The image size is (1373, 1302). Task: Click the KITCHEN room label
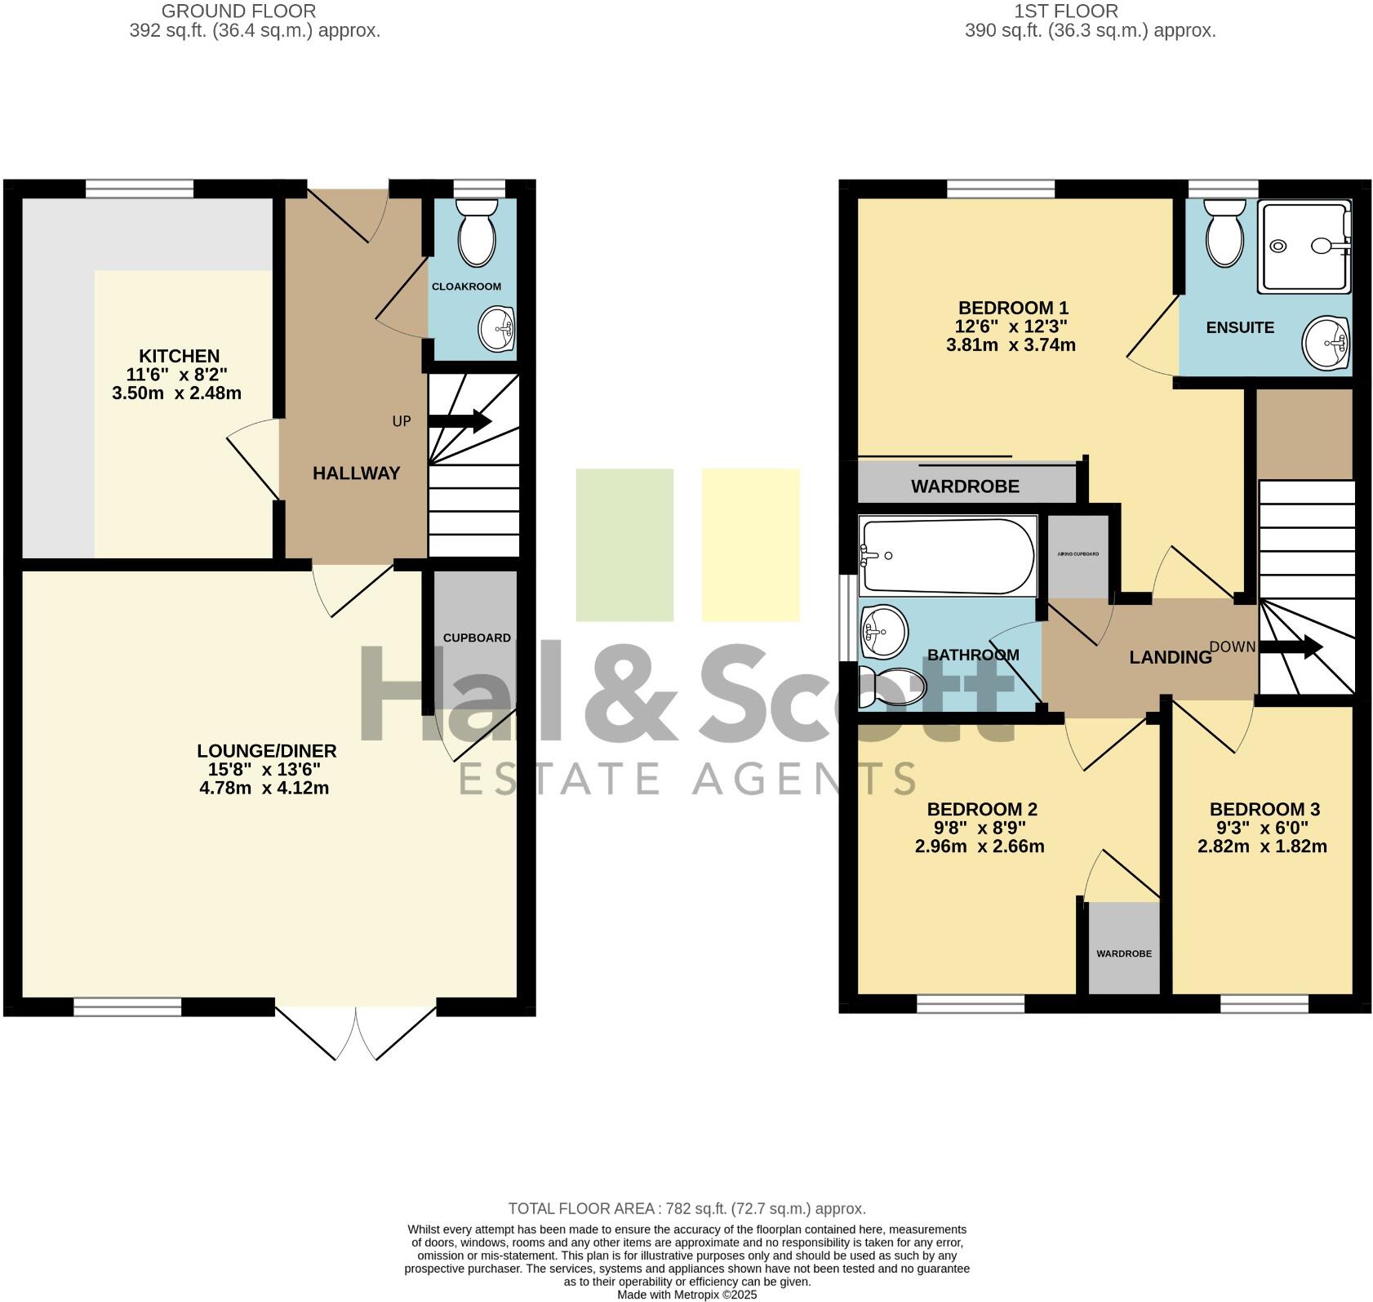179,356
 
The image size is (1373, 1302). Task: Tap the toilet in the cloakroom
477,233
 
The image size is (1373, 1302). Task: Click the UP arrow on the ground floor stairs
459,421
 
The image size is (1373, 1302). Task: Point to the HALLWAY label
356,473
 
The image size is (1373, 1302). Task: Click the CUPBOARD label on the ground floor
477,638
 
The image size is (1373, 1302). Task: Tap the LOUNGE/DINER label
266,751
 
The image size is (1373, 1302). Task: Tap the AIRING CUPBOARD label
1078,553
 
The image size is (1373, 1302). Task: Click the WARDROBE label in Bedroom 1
965,487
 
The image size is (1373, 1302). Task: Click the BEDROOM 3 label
1264,809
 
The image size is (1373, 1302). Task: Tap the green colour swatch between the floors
624,544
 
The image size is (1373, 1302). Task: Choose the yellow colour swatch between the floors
750,544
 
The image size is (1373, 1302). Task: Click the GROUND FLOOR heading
238,11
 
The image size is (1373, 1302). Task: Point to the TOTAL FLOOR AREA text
686,1208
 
